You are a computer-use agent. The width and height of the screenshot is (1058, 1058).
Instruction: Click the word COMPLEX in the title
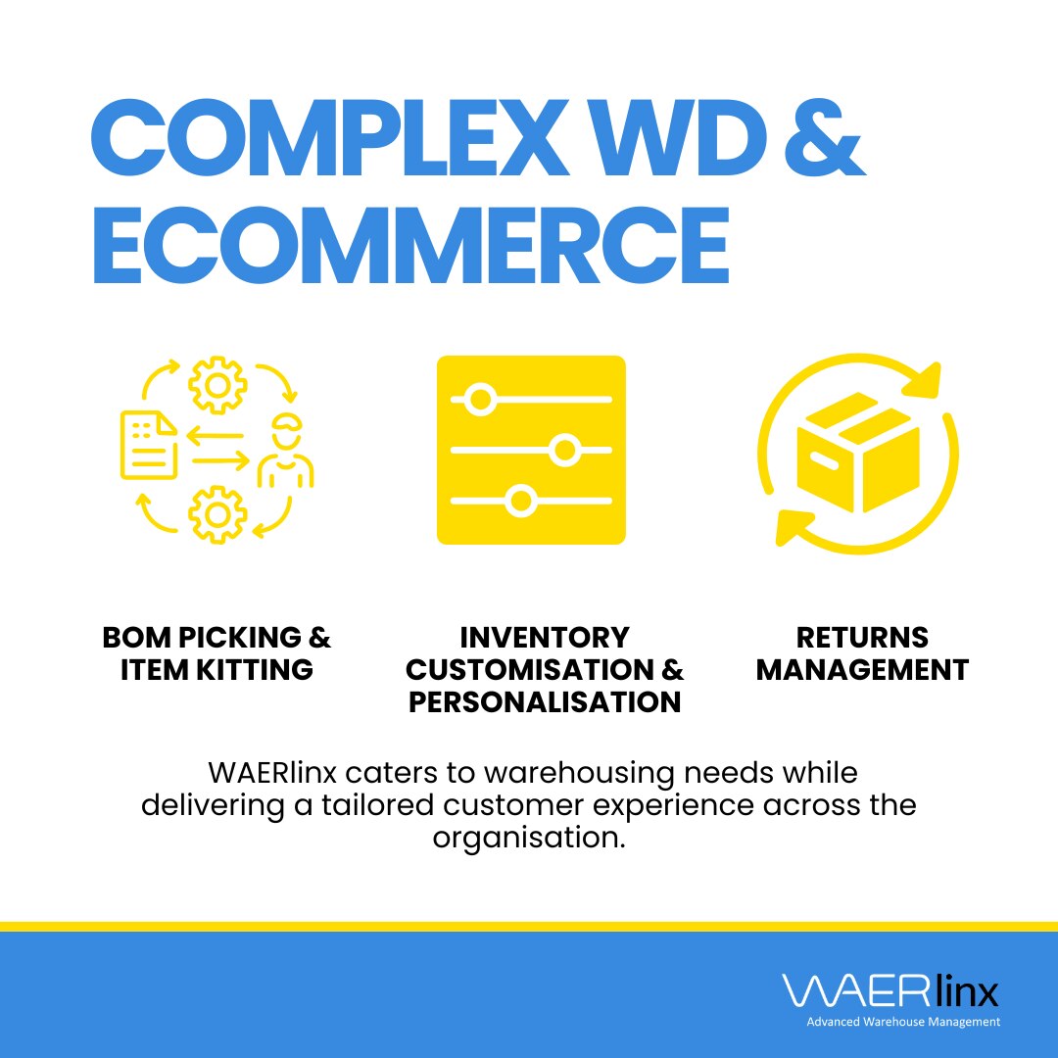329,138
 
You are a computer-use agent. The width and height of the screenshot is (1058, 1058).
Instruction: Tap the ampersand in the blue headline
825,138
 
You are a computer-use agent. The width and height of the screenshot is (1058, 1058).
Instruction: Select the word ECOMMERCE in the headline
410,246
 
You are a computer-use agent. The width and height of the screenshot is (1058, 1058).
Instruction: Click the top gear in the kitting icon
217,385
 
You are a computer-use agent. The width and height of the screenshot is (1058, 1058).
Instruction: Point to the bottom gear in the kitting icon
217,514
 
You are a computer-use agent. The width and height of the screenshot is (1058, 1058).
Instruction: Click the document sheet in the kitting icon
149,446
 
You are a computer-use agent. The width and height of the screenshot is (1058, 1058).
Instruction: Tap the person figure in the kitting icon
286,450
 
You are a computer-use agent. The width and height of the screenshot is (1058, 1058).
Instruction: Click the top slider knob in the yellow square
480,400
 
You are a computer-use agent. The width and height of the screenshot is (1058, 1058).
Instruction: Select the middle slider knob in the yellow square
564,450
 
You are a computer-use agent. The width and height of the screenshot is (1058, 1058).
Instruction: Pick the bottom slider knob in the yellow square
520,502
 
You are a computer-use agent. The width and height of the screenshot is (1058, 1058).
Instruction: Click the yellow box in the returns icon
858,453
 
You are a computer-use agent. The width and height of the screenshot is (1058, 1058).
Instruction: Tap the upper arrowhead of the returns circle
924,380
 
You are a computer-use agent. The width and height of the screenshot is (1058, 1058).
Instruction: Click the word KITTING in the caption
255,670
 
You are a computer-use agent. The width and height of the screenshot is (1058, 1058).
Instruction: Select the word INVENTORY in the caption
545,638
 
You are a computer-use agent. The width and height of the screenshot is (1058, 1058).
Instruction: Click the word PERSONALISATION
545,702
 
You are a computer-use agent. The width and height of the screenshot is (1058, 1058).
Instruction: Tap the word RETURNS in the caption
862,638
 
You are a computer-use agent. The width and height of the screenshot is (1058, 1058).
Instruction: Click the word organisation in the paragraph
529,838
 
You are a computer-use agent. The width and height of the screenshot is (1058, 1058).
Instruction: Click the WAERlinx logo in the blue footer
890,991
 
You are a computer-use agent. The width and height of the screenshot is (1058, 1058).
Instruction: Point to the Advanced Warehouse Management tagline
903,1022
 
